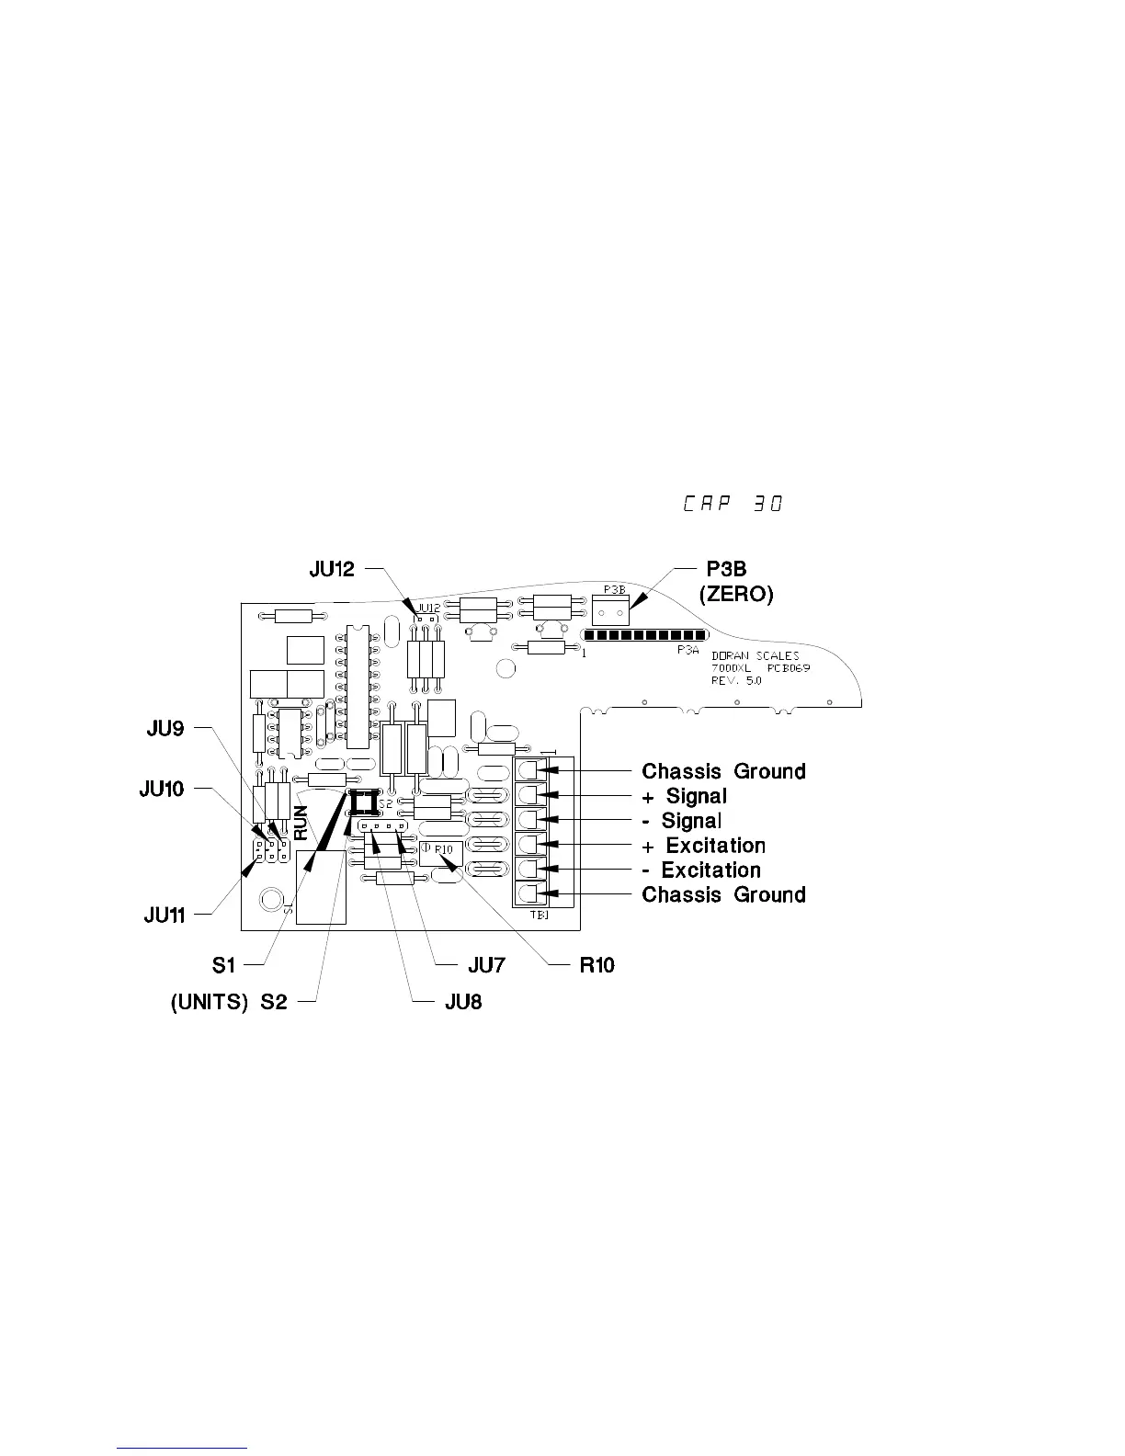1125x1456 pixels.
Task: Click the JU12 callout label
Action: click(331, 570)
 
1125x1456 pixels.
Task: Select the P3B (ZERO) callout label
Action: click(735, 582)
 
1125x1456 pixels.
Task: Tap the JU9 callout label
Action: click(165, 729)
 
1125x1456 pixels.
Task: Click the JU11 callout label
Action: click(165, 915)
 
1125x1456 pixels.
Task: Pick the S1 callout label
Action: click(223, 964)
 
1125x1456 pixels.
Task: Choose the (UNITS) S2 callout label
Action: click(229, 1002)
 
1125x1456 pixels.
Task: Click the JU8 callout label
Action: click(462, 1002)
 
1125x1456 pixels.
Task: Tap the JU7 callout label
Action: click(486, 965)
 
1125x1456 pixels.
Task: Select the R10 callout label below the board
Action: click(597, 965)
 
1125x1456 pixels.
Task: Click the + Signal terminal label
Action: click(684, 796)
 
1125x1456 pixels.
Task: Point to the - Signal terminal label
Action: click(681, 821)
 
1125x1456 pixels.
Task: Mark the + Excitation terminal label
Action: click(703, 846)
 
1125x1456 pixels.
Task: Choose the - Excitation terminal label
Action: click(701, 870)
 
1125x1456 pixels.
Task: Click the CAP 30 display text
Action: click(732, 505)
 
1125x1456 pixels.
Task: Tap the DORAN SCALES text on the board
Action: click(756, 656)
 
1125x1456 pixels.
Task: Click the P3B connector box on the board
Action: click(615, 605)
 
